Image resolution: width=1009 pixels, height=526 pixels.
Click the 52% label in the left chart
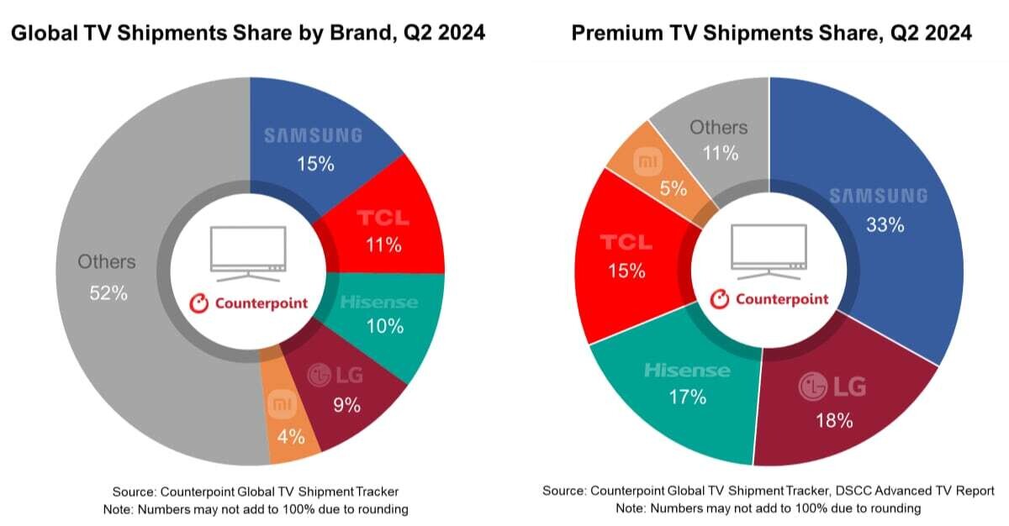pos(108,294)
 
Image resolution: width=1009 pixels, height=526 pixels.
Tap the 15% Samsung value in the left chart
pos(315,164)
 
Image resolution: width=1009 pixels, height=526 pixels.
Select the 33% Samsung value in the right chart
pos(885,224)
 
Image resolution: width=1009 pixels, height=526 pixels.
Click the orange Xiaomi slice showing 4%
pos(290,424)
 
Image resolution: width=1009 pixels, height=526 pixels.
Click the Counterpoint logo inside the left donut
pos(248,303)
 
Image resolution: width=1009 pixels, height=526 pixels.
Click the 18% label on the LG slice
pos(832,420)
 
